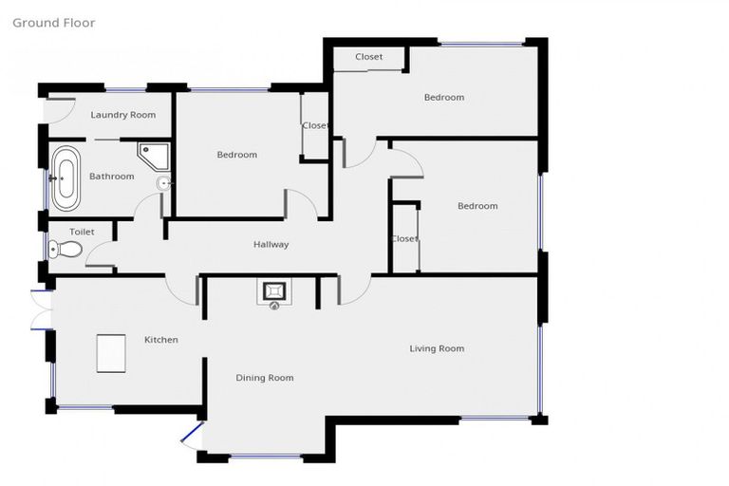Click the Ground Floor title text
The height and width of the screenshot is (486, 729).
(x=54, y=23)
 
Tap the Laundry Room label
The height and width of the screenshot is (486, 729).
(x=122, y=116)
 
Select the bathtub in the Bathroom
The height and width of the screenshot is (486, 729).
(x=65, y=178)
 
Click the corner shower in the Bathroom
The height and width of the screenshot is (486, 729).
(x=151, y=155)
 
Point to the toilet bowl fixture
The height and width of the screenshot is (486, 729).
(x=66, y=250)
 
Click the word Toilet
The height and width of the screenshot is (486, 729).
(x=83, y=231)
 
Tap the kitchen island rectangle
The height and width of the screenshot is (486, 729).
(x=111, y=355)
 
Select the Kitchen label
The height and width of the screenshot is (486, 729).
(x=160, y=340)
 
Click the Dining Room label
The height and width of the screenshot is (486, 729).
(x=264, y=378)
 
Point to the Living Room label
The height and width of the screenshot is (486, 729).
(x=437, y=348)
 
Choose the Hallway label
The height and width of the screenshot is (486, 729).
(x=271, y=245)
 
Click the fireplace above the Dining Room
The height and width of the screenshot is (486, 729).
(x=274, y=292)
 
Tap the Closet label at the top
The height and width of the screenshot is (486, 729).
(x=369, y=57)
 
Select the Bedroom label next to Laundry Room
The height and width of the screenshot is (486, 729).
(x=236, y=155)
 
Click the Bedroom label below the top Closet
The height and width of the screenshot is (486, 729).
(x=444, y=98)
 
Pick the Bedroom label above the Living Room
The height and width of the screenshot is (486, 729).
(x=477, y=206)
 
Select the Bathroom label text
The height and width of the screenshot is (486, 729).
(x=111, y=177)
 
